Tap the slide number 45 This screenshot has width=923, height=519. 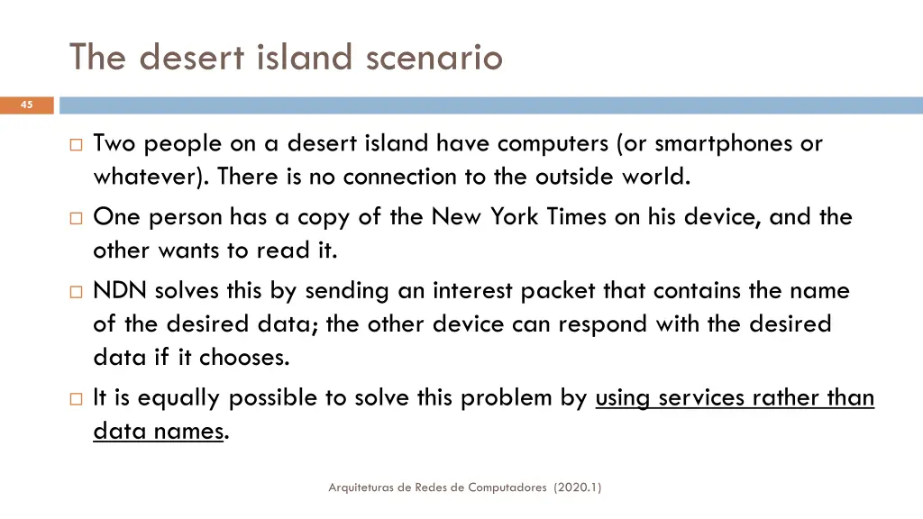pos(26,105)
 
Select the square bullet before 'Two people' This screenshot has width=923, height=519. pos(76,144)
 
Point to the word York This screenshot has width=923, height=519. pos(515,217)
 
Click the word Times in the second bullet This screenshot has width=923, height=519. pos(577,217)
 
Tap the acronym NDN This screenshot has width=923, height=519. pos(121,291)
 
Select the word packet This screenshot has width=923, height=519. pos(560,291)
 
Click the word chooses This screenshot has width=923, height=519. pos(244,358)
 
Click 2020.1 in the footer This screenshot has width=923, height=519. pos(579,487)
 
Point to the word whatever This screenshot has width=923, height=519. pos(150,178)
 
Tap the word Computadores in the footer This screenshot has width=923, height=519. pos(507,487)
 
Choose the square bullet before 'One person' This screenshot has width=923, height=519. pos(76,218)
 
